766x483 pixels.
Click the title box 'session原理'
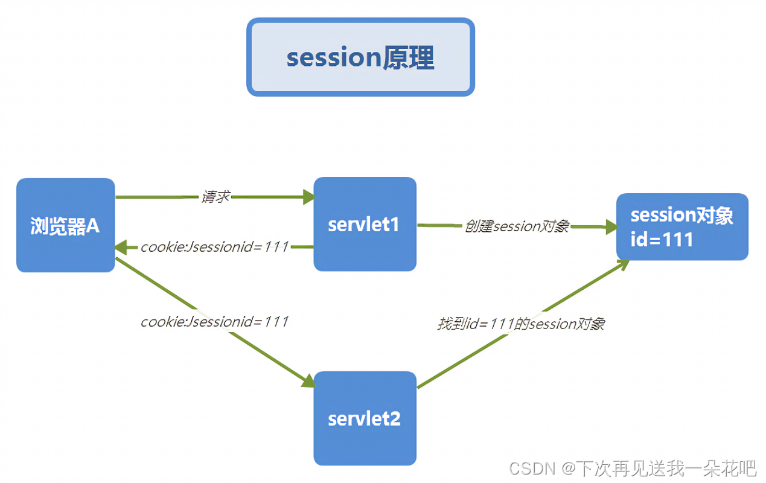pyautogui.click(x=360, y=57)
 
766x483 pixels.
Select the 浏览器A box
pyautogui.click(x=65, y=225)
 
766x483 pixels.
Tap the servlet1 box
pyautogui.click(x=365, y=224)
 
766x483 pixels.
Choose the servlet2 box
pyautogui.click(x=365, y=418)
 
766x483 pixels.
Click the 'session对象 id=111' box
pyautogui.click(x=682, y=227)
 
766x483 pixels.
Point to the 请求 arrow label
pyautogui.click(x=215, y=197)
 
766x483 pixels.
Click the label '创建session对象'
pyautogui.click(x=517, y=226)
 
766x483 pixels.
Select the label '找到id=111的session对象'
pyautogui.click(x=521, y=324)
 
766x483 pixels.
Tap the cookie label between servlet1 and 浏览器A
pyautogui.click(x=214, y=247)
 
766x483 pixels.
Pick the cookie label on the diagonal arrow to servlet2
pyautogui.click(x=214, y=322)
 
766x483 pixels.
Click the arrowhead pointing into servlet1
pyautogui.click(x=309, y=197)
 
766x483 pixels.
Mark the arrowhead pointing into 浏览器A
pyautogui.click(x=121, y=247)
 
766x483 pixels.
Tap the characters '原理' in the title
pyautogui.click(x=408, y=57)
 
